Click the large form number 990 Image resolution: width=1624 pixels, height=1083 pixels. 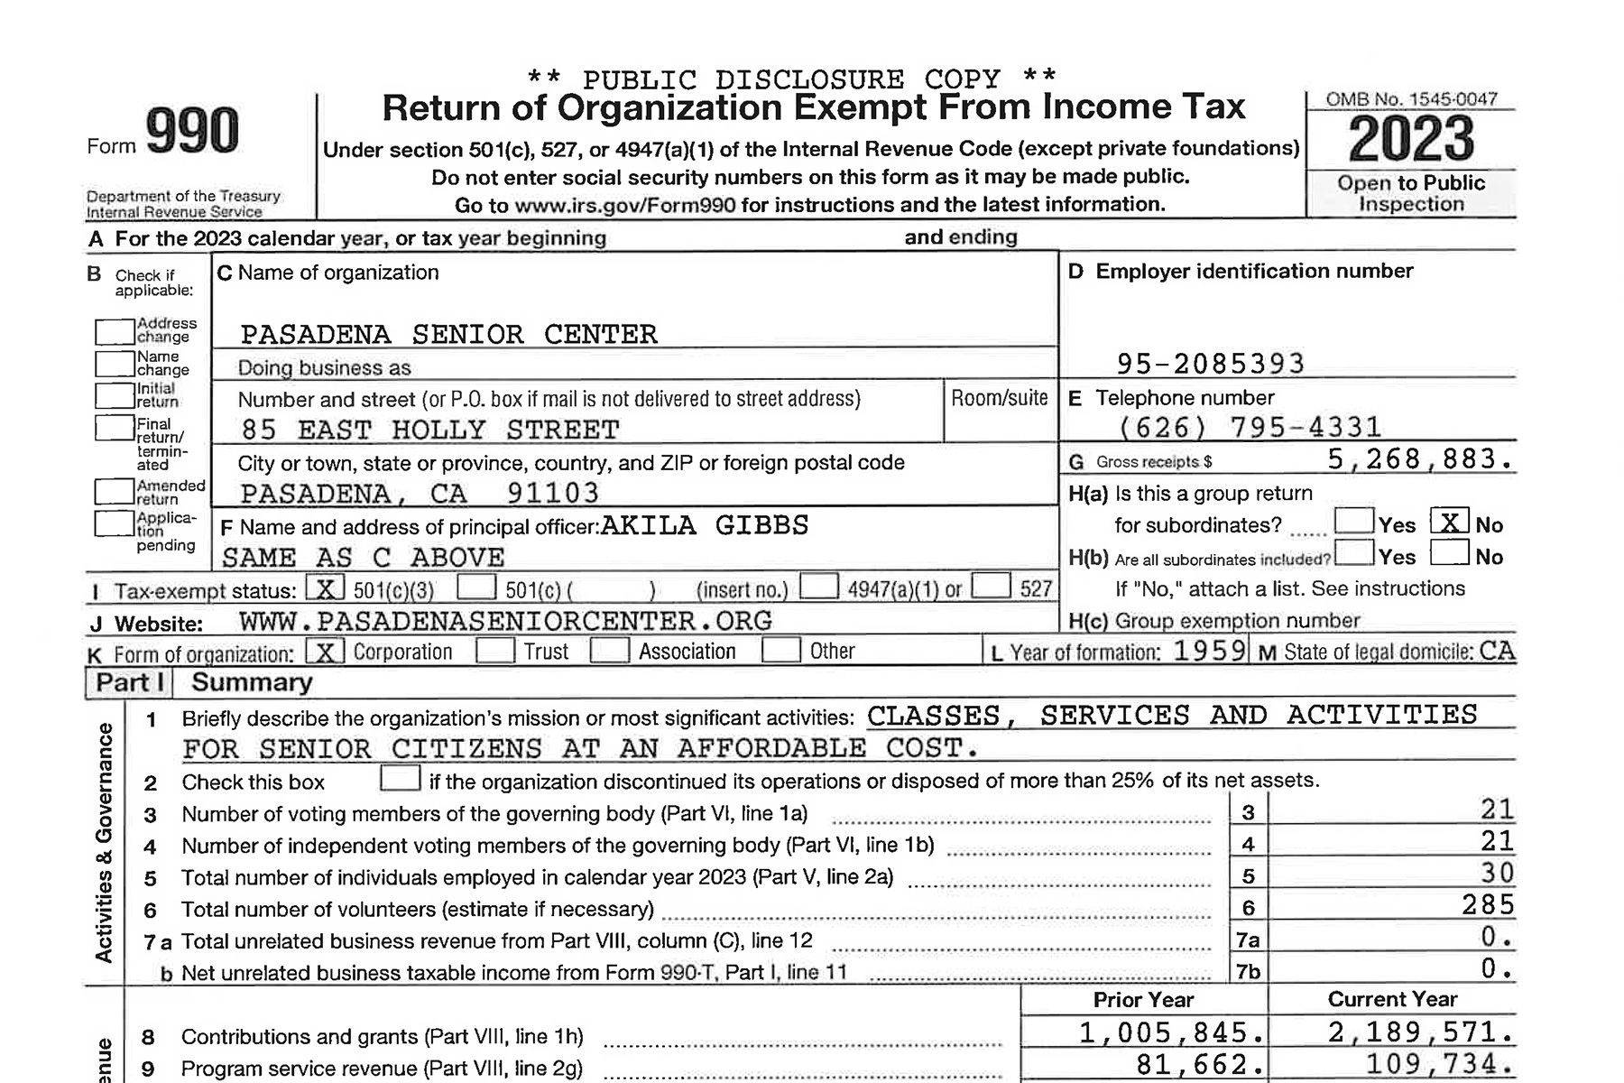click(192, 132)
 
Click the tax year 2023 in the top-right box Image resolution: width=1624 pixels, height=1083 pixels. click(1411, 140)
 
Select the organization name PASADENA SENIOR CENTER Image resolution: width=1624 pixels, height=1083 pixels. click(448, 335)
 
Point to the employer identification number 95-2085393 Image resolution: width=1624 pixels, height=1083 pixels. click(1211, 364)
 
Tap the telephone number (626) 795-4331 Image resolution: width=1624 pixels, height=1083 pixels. click(1250, 427)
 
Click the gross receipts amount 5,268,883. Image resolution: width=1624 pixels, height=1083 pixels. click(1419, 459)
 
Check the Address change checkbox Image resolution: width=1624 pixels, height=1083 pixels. click(115, 331)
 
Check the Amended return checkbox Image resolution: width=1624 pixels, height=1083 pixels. click(115, 491)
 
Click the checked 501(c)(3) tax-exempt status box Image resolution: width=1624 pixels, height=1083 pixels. click(325, 588)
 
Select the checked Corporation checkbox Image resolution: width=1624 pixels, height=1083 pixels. click(325, 652)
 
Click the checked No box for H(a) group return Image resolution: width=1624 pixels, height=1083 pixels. click(1449, 523)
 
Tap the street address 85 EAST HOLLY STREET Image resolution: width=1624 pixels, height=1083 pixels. click(430, 430)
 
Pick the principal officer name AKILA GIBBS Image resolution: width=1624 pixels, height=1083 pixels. click(705, 525)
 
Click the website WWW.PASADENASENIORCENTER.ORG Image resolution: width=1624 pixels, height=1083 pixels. click(505, 621)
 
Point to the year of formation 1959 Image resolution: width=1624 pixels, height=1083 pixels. click(1209, 651)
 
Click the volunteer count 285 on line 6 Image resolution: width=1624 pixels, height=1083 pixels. click(1488, 905)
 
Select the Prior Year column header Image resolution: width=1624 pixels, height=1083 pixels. click(1143, 1000)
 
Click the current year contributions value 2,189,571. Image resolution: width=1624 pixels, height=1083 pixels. click(1419, 1032)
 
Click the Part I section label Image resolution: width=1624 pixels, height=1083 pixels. click(130, 682)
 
